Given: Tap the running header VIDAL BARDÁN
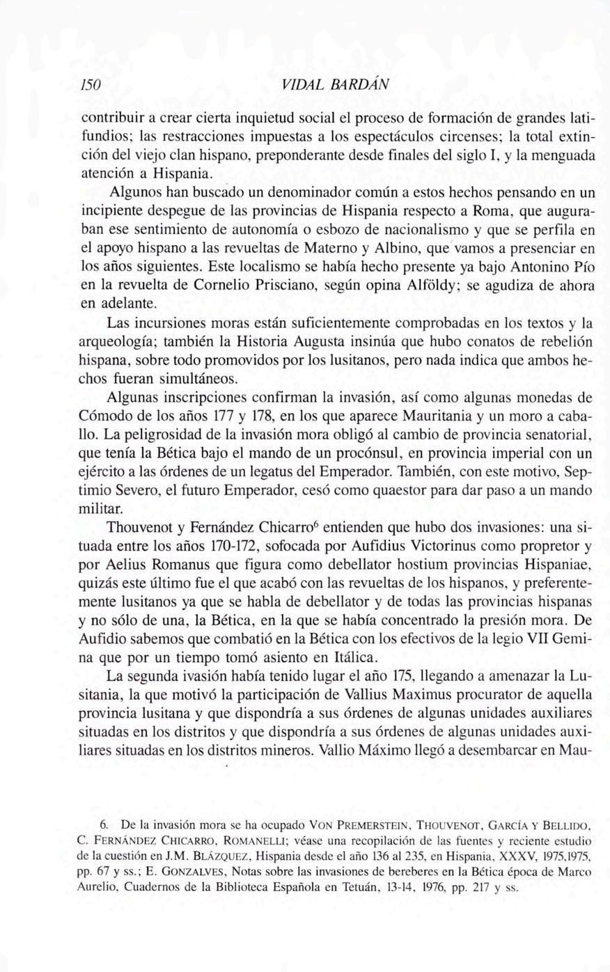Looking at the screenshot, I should click(336, 85).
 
